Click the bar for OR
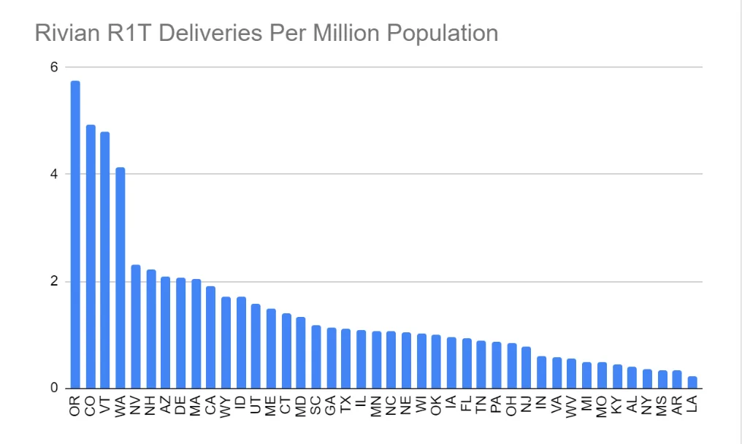coord(75,235)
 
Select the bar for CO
coord(91,256)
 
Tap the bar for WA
coord(121,277)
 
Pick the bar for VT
coord(105,261)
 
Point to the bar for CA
coord(210,337)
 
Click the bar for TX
coord(346,359)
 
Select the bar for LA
coord(692,383)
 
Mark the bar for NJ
coord(527,368)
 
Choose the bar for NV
coord(136,326)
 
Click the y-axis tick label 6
coord(54,67)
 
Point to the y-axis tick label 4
coord(54,175)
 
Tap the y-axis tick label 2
coord(54,281)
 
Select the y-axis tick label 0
coord(54,388)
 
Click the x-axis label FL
coord(467,404)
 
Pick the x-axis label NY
coord(647,405)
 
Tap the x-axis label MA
coord(196,405)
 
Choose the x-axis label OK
coord(436,405)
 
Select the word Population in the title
coord(443,34)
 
